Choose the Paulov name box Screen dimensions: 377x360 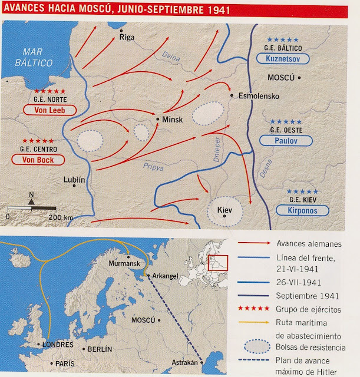[x=285, y=141]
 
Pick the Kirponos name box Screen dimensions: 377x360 [x=302, y=210]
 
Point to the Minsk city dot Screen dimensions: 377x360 [x=158, y=118]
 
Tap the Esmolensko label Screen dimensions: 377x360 [x=257, y=97]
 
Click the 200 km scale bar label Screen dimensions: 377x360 [x=60, y=217]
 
